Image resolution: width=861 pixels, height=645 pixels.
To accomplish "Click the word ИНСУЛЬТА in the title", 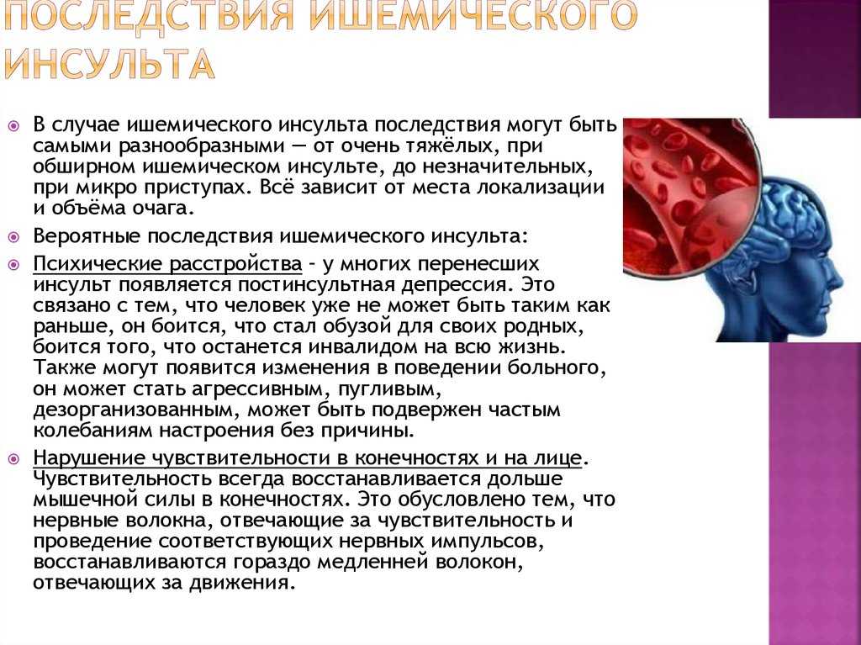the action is (x=108, y=63).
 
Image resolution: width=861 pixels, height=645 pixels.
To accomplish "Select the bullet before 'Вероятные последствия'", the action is (x=13, y=237).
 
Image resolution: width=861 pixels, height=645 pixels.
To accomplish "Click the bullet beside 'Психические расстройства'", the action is (x=13, y=265).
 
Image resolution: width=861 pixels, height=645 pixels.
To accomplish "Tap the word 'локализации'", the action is (x=541, y=188).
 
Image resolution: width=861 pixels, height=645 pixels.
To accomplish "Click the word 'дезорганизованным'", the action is (x=137, y=410).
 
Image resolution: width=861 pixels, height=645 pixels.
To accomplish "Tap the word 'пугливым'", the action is (x=389, y=389).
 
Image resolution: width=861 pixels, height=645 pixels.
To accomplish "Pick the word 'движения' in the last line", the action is (x=239, y=583).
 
